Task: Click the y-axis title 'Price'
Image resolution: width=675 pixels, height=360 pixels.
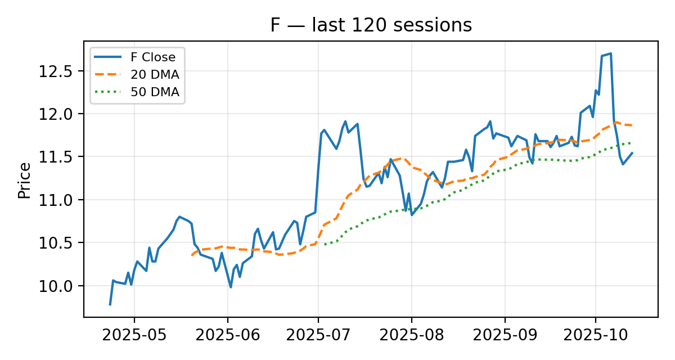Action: pyautogui.click(x=24, y=180)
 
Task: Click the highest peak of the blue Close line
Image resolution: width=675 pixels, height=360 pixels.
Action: pyautogui.click(x=611, y=53)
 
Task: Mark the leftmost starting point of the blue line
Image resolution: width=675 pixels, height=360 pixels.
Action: pyautogui.click(x=110, y=305)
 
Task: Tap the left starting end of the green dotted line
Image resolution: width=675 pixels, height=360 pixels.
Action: pyautogui.click(x=325, y=245)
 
